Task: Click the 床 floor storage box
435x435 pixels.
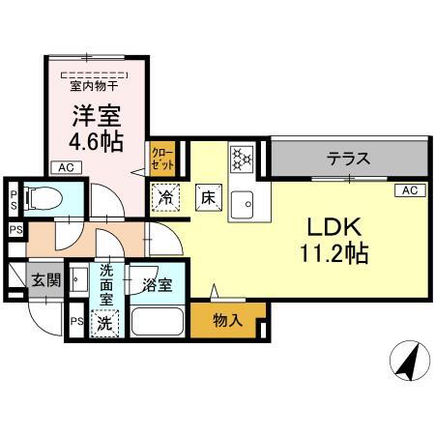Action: coord(207,196)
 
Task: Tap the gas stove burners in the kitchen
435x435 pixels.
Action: coord(240,157)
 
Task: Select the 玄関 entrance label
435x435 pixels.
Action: coord(45,280)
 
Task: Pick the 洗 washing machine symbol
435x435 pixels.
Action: coord(104,323)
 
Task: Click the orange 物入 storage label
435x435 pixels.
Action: coord(226,320)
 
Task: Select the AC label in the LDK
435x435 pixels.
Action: coord(407,190)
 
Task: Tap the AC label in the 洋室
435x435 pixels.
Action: coord(65,167)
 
